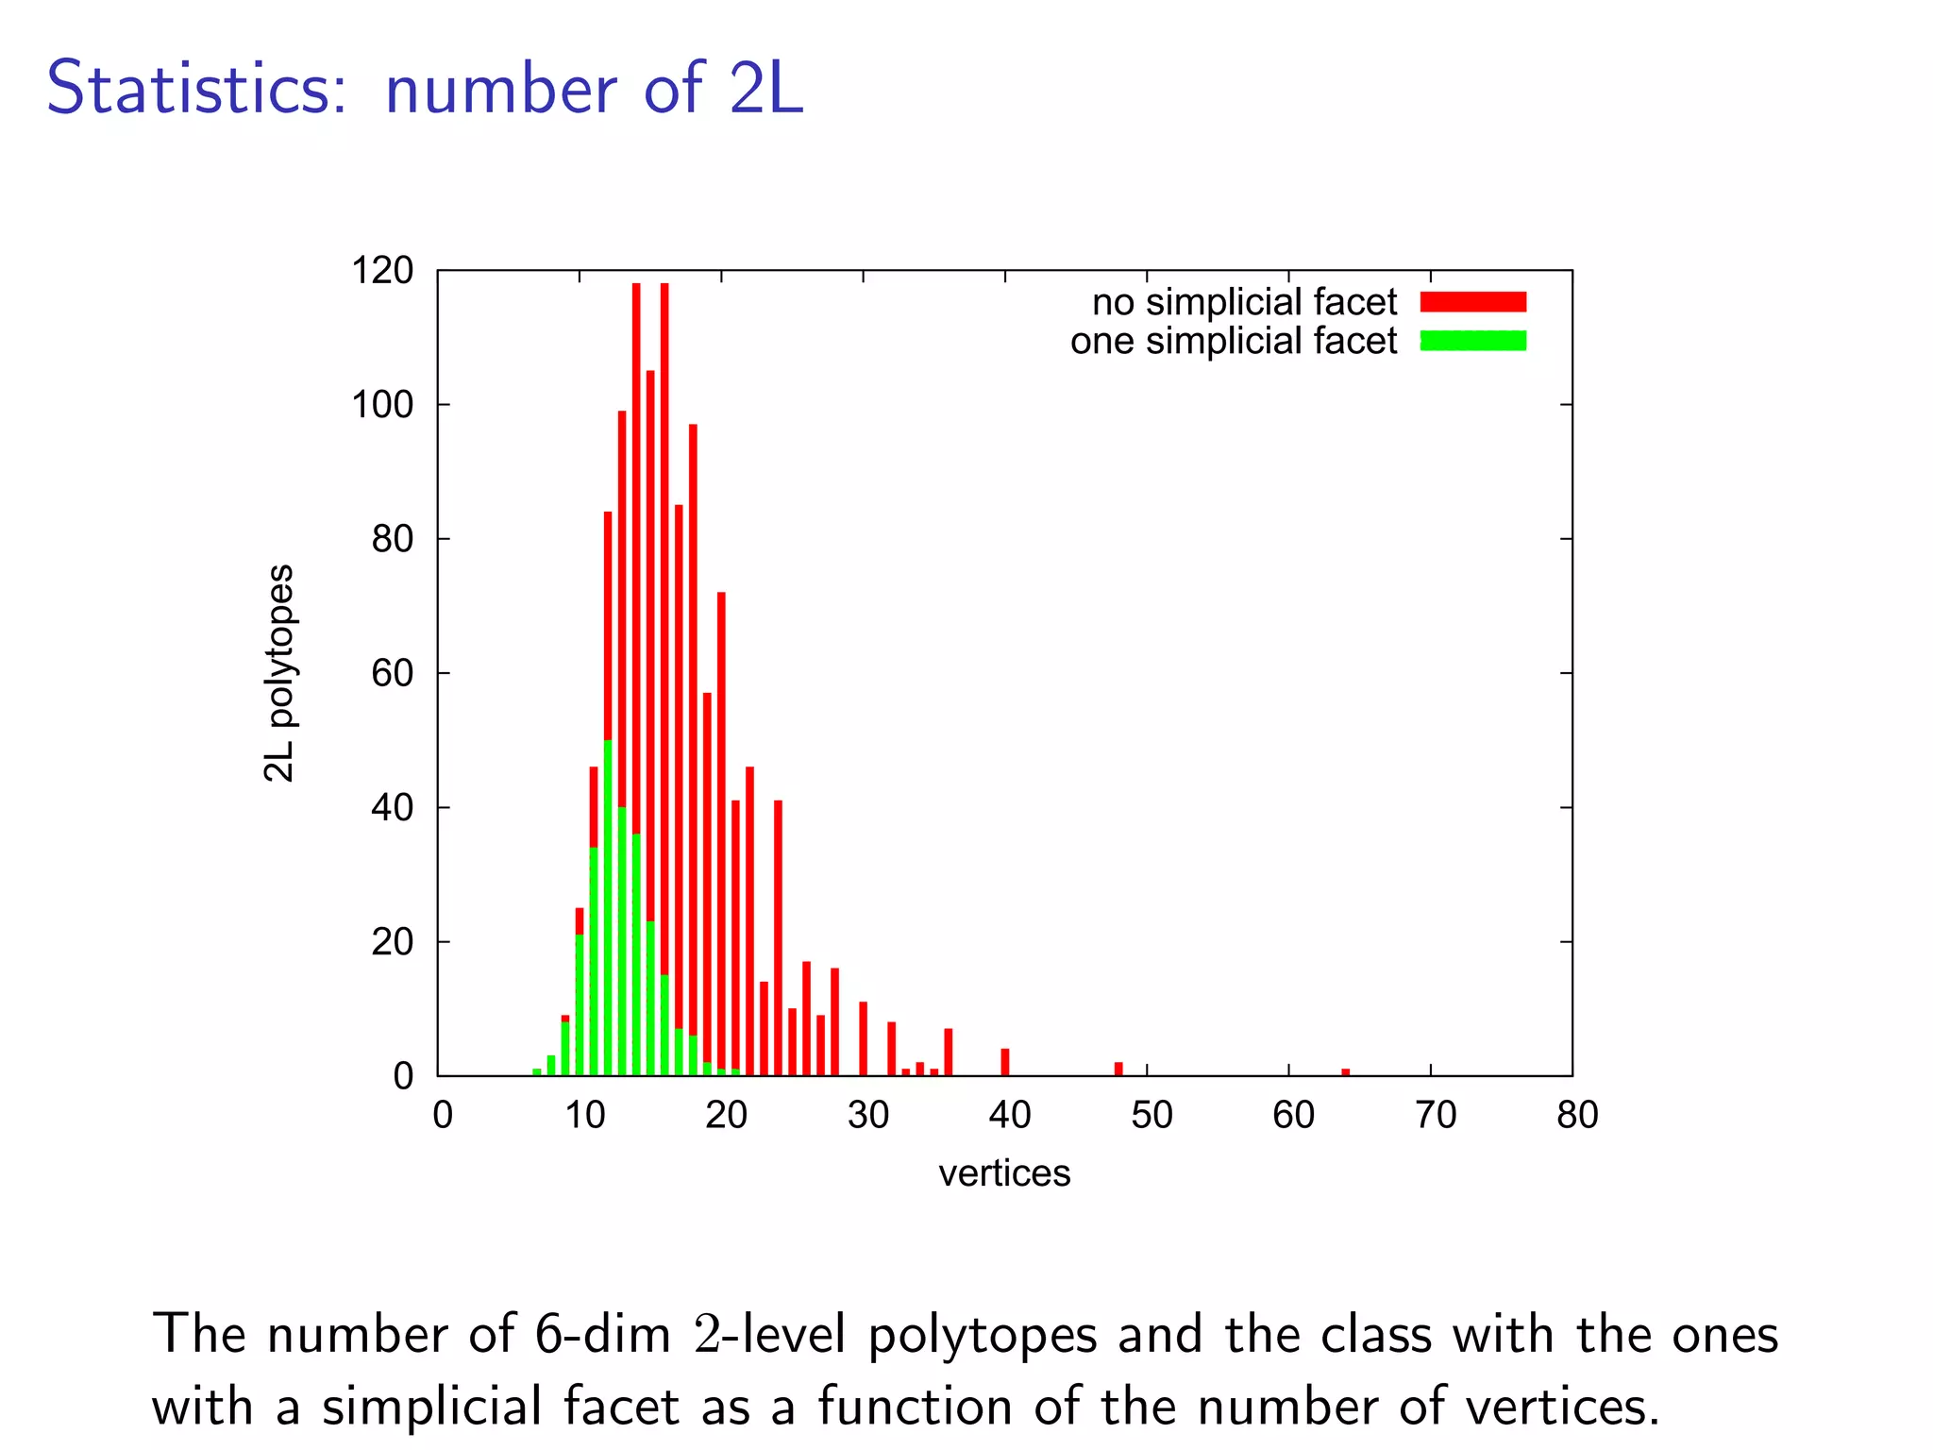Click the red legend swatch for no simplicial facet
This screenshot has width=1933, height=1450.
1472,302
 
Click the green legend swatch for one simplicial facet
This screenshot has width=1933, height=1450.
1472,341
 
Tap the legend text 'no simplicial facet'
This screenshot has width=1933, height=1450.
1244,302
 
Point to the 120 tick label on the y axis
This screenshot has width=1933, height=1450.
382,271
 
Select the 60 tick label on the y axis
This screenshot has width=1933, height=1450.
392,674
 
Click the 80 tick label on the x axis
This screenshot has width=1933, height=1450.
1577,1116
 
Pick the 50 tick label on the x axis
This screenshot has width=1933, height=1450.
1151,1116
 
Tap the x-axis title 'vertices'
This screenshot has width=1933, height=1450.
1004,1173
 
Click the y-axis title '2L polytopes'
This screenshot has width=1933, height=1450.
278,673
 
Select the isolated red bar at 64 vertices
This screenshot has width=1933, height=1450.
1345,1071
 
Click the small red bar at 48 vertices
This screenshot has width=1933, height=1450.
1118,1069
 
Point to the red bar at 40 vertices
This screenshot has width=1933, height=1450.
1005,1062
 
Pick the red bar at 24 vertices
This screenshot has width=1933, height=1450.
778,935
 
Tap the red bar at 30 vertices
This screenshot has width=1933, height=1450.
863,1038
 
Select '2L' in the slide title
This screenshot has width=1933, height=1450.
765,89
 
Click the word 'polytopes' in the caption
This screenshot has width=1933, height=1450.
983,1335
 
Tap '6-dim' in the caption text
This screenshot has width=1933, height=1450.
602,1335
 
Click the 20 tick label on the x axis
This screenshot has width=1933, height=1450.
726,1116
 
